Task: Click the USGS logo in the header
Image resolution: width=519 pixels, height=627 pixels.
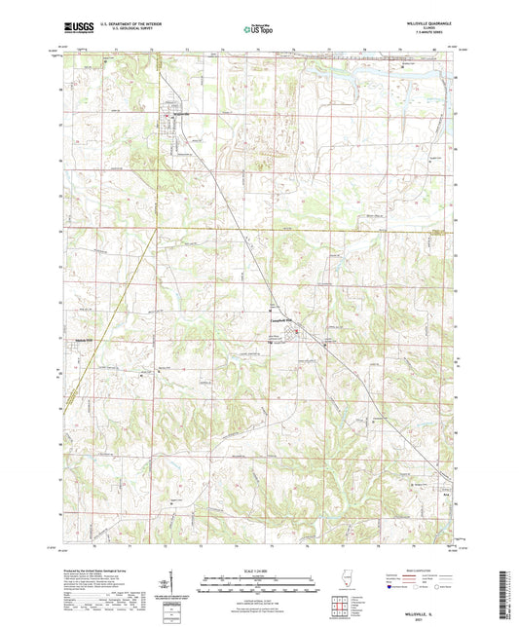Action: (x=72, y=29)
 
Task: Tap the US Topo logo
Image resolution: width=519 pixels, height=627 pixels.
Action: (x=259, y=30)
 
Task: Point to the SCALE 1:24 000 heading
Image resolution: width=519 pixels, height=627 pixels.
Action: (x=259, y=566)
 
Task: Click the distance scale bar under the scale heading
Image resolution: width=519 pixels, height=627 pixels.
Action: (x=259, y=576)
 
